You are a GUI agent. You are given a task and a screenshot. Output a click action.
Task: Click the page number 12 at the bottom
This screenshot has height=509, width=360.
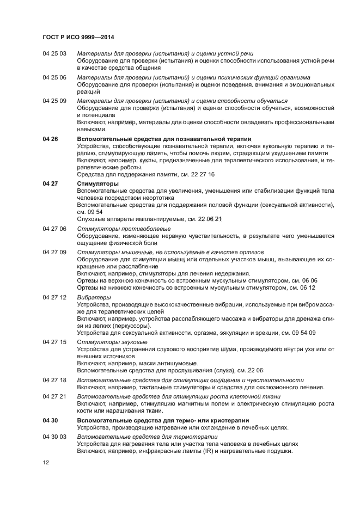point(46,462)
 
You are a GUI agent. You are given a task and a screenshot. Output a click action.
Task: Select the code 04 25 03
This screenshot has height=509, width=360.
point(54,54)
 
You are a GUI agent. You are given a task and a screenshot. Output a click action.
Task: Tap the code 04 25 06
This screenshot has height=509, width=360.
point(54,78)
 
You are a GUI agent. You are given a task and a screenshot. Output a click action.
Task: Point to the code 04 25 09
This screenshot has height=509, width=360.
point(54,101)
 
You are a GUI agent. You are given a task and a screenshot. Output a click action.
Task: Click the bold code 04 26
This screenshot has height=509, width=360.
point(50,139)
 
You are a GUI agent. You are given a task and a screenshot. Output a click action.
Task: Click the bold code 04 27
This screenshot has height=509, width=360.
point(50,184)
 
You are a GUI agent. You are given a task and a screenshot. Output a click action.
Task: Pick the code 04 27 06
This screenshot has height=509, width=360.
point(54,229)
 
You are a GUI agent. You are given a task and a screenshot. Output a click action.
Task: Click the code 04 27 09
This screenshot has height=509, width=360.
point(54,253)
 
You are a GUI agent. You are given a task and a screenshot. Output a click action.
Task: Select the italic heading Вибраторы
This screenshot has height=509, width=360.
point(94,297)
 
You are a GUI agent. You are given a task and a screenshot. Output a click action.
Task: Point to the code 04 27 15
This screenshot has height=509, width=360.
point(54,342)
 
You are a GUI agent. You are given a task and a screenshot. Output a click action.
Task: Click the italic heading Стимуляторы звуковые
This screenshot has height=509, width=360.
point(112,342)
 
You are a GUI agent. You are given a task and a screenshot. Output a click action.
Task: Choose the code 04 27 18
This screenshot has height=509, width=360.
point(54,380)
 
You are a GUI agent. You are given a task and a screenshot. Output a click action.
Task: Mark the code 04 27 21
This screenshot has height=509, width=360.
point(54,397)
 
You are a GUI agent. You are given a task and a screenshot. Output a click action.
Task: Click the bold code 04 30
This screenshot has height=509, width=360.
point(50,420)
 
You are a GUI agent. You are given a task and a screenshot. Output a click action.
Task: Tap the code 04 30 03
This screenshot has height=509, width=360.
point(54,437)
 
